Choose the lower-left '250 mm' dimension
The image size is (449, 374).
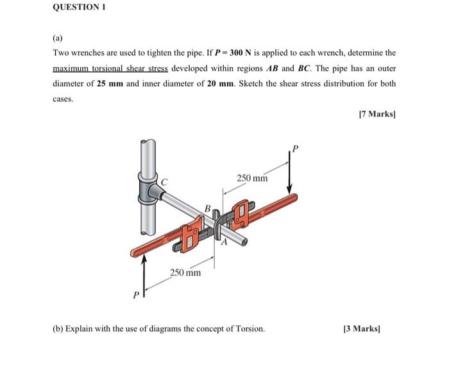(x=185, y=273)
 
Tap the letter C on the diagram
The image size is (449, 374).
(x=165, y=183)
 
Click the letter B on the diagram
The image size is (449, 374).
(x=207, y=208)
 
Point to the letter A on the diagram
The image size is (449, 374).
(x=224, y=244)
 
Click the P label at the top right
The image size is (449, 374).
(x=296, y=148)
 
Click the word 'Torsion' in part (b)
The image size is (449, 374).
(x=249, y=328)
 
